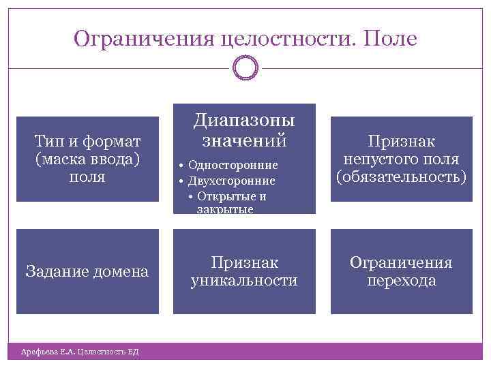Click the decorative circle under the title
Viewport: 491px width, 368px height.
(x=245, y=67)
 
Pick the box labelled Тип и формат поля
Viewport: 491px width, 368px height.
(x=87, y=159)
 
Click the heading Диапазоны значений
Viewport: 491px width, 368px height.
(x=244, y=131)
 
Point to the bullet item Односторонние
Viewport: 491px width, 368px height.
(x=233, y=165)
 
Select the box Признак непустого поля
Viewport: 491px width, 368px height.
(x=402, y=159)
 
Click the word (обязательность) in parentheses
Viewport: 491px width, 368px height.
(x=402, y=177)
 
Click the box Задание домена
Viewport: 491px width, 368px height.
(x=87, y=271)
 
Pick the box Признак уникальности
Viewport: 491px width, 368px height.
(x=244, y=271)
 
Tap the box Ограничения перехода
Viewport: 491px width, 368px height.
(x=402, y=271)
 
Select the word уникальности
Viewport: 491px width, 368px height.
(x=244, y=280)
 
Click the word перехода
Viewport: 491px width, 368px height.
(x=402, y=280)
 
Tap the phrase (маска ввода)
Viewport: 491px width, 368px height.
(x=87, y=159)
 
